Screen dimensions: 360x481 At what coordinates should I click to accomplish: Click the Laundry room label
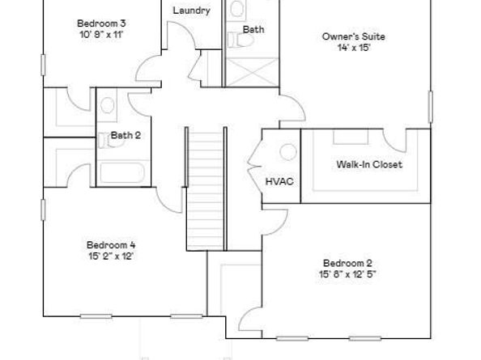coord(192,11)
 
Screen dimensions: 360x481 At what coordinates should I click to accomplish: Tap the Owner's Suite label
coord(353,36)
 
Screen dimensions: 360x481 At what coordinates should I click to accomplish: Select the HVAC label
coord(279,181)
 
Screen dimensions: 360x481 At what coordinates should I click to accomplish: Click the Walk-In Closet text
coord(368,164)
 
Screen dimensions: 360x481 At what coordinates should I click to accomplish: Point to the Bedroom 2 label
coord(347,262)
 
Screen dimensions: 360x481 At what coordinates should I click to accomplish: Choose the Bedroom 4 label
coord(111,244)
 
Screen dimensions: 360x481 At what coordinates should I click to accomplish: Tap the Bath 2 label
coord(126,135)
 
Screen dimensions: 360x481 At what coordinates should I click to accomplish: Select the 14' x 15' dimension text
coord(353,48)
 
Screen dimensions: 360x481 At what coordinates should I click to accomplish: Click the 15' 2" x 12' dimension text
coord(111,256)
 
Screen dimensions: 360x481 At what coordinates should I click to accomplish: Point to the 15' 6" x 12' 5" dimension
coord(348,273)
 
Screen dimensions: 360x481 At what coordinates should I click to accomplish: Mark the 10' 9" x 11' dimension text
coord(101,35)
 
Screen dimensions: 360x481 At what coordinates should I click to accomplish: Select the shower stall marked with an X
coord(252,70)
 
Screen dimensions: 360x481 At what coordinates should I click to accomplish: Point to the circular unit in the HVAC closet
coord(287,152)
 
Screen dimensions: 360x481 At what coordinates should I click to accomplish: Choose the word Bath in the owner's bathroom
coord(253,29)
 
